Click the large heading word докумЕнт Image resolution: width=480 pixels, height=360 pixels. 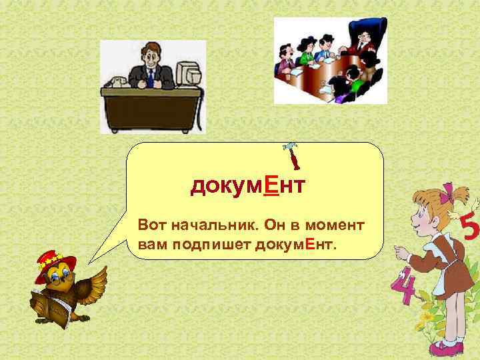247,186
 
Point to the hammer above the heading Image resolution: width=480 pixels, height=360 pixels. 291,155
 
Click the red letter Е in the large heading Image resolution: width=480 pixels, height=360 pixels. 271,186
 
